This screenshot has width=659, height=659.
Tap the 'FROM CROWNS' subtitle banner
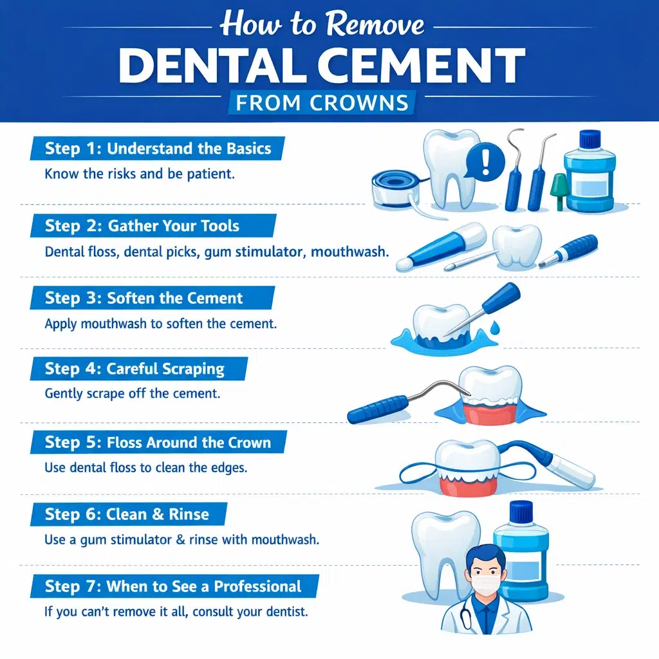(x=322, y=103)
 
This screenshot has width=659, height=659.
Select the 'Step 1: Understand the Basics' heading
(x=158, y=149)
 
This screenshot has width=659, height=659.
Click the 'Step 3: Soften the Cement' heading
(x=144, y=298)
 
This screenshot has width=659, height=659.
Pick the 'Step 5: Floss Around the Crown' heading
(x=158, y=443)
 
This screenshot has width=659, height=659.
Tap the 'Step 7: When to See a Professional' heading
(x=172, y=586)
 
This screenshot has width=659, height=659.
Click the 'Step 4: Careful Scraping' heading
(x=135, y=369)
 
